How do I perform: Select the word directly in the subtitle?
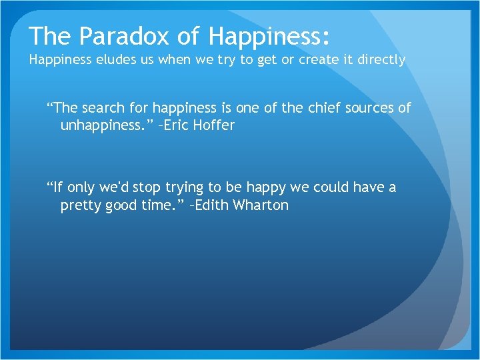pos(381,59)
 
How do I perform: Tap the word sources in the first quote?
pos(365,108)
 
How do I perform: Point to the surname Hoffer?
pos(215,125)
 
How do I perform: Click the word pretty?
pos(80,205)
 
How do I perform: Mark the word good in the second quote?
pos(120,205)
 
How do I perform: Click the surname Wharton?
pos(261,205)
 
